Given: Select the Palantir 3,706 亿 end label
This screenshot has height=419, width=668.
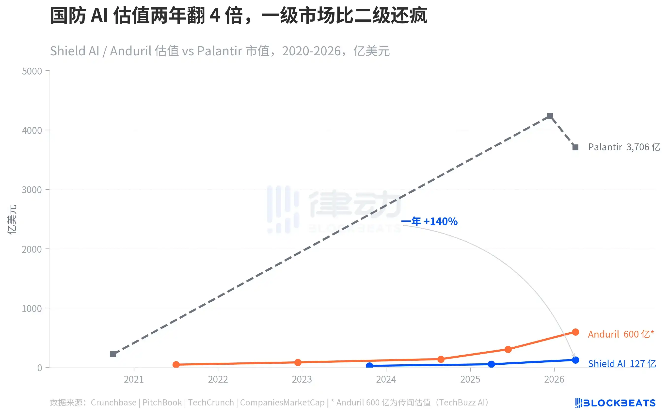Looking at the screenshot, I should coord(624,147).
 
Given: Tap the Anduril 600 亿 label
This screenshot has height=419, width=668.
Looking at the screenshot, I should coord(620,334).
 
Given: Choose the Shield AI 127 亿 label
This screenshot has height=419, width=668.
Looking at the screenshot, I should coord(621,364).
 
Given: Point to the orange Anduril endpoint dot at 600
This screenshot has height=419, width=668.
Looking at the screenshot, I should coord(575,332).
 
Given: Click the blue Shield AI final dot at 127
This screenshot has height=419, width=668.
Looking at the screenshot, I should coord(575,360).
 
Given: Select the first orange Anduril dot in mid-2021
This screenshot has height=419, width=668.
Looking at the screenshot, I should coord(176,364).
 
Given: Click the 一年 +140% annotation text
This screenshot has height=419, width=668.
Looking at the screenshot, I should coord(429,221).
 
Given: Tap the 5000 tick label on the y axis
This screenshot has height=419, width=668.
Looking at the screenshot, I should coord(32,71).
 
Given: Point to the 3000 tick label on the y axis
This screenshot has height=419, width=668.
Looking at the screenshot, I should coord(32,190).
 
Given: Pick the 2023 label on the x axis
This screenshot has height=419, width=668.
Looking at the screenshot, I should coord(302,379).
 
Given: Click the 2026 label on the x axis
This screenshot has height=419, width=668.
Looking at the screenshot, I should coord(554,379).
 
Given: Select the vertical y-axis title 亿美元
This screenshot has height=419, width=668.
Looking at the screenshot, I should coord(12,219).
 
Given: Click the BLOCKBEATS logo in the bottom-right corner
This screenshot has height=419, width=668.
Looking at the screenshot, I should coord(615,403).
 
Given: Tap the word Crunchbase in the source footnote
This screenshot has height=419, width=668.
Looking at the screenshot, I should coord(113,402).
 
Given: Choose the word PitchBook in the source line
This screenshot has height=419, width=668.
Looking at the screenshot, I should coord(162,402).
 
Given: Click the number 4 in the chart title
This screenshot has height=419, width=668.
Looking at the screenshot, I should coord(215,16).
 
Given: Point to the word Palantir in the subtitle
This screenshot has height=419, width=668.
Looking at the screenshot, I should coord(220,51).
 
